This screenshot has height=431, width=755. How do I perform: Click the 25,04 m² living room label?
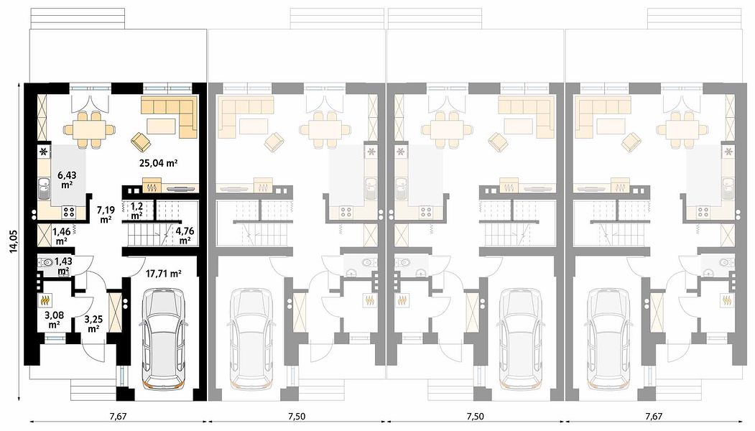click(x=159, y=163)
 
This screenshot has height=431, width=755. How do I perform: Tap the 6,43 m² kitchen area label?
click(x=66, y=179)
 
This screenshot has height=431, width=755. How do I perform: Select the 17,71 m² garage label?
click(x=163, y=274)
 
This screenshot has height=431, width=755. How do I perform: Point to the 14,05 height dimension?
click(x=14, y=241)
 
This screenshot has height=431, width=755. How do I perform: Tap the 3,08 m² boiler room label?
click(x=53, y=319)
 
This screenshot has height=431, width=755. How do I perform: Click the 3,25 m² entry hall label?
click(x=93, y=323)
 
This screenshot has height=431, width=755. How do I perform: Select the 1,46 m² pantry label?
click(x=61, y=236)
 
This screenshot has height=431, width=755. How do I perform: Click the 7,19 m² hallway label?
click(x=106, y=214)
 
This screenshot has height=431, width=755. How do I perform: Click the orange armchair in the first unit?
click(x=140, y=142)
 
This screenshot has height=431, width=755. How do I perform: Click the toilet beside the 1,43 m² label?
click(x=47, y=263)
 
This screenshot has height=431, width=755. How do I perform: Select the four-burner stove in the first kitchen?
click(x=68, y=211)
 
